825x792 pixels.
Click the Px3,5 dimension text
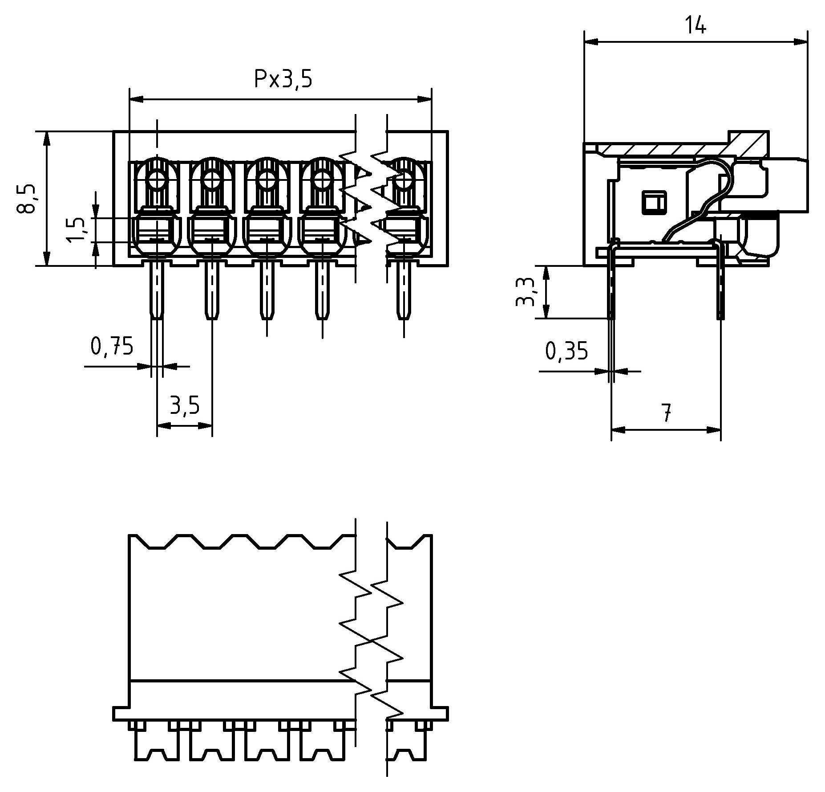pos(283,79)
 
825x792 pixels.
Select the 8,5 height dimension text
pos(27,199)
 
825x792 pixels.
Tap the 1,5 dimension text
pos(77,230)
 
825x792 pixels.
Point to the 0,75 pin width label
pos(112,346)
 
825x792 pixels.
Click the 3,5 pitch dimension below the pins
pos(185,405)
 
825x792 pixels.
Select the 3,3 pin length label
pos(526,292)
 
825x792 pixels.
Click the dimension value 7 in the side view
pos(666,413)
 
